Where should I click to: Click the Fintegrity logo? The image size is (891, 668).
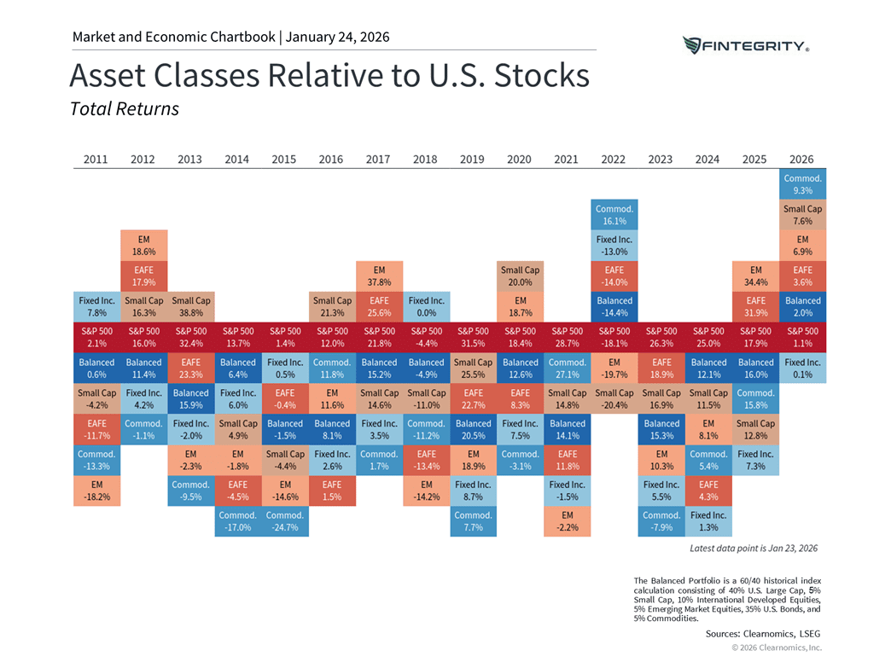pyautogui.click(x=746, y=45)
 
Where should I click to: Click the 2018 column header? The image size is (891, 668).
pyautogui.click(x=425, y=159)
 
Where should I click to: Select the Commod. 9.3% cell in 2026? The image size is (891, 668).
pyautogui.click(x=802, y=184)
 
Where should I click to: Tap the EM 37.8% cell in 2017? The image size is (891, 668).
pyautogui.click(x=379, y=276)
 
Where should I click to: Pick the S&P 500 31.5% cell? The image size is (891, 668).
pyautogui.click(x=473, y=337)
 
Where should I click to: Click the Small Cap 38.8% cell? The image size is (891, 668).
pyautogui.click(x=190, y=306)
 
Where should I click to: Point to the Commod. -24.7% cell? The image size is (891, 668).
pyautogui.click(x=284, y=521)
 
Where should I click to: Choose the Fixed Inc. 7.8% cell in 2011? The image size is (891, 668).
pyautogui.click(x=96, y=306)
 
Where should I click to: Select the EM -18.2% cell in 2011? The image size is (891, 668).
pyautogui.click(x=96, y=491)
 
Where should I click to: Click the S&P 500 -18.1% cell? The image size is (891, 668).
pyautogui.click(x=614, y=337)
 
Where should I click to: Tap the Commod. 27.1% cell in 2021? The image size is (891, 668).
pyautogui.click(x=567, y=368)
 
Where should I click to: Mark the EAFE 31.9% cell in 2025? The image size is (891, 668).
pyautogui.click(x=755, y=306)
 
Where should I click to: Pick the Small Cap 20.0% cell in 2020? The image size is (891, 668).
pyautogui.click(x=520, y=276)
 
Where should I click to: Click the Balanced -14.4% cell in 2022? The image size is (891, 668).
pyautogui.click(x=614, y=306)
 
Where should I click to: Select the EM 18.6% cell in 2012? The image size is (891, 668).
pyautogui.click(x=143, y=245)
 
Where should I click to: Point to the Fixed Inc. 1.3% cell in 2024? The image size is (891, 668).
pyautogui.click(x=708, y=521)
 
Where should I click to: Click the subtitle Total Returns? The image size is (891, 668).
pyautogui.click(x=124, y=109)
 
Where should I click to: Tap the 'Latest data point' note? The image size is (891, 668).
pyautogui.click(x=753, y=548)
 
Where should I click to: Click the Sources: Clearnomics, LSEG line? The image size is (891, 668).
pyautogui.click(x=763, y=634)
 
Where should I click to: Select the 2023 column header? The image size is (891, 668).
pyautogui.click(x=661, y=159)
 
